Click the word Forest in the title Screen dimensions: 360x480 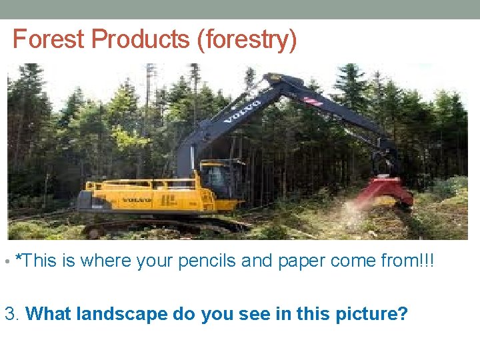(49, 39)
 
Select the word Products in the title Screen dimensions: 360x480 (140, 39)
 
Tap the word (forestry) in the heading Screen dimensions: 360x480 (246, 40)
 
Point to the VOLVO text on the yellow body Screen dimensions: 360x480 (136, 199)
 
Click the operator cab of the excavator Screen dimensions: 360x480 (216, 177)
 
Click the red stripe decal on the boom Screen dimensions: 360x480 (313, 99)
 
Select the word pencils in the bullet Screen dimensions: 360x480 (203, 260)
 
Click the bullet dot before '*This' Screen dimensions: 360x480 (7, 261)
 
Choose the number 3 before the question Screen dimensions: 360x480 (11, 313)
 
